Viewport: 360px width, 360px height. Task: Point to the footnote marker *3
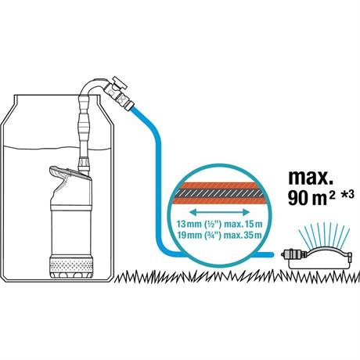[347, 195]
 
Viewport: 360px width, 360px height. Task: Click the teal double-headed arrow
[219, 212]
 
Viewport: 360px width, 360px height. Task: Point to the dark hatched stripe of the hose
[219, 193]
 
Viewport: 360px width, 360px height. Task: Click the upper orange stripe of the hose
[219, 185]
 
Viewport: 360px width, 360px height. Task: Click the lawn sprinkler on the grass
[317, 259]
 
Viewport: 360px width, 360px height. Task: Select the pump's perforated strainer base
[71, 265]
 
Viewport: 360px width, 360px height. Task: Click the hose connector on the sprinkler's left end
[293, 254]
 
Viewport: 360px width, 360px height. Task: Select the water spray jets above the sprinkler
[325, 234]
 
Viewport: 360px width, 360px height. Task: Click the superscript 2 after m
[332, 195]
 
